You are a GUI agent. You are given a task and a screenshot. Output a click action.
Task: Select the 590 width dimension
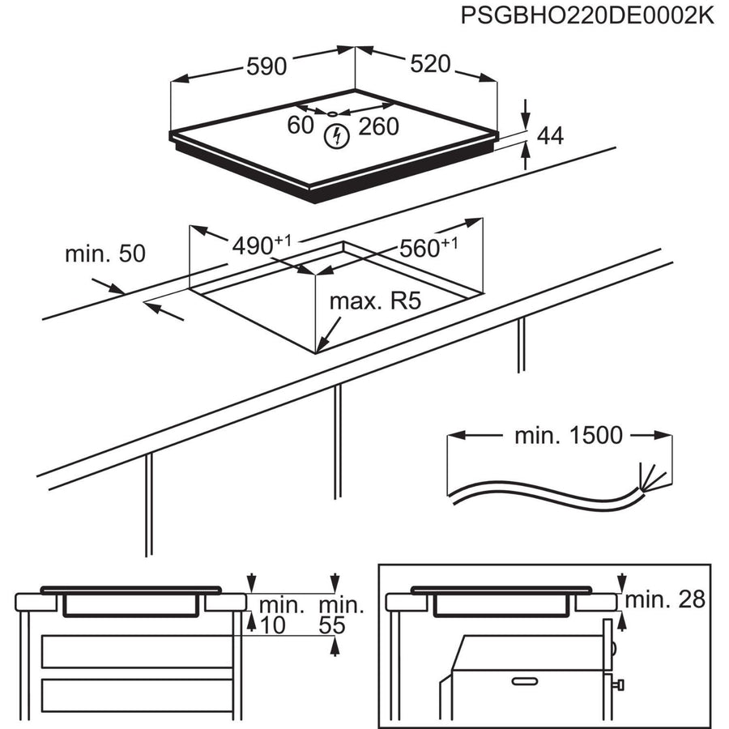(266, 66)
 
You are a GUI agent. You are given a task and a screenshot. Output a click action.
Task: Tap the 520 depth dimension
(429, 64)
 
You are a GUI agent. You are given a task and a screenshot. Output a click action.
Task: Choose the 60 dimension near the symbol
(300, 126)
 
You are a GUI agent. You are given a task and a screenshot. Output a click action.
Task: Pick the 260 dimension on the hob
(379, 126)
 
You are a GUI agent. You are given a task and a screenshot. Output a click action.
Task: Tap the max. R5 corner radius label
(375, 303)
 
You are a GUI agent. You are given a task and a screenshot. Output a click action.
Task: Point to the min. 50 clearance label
(105, 254)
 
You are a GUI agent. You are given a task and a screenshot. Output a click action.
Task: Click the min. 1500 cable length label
(569, 436)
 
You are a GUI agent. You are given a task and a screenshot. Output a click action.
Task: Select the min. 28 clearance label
(665, 599)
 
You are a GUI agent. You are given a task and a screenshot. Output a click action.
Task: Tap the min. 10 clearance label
(281, 615)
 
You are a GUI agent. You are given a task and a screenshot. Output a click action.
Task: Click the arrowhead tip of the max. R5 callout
(318, 350)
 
